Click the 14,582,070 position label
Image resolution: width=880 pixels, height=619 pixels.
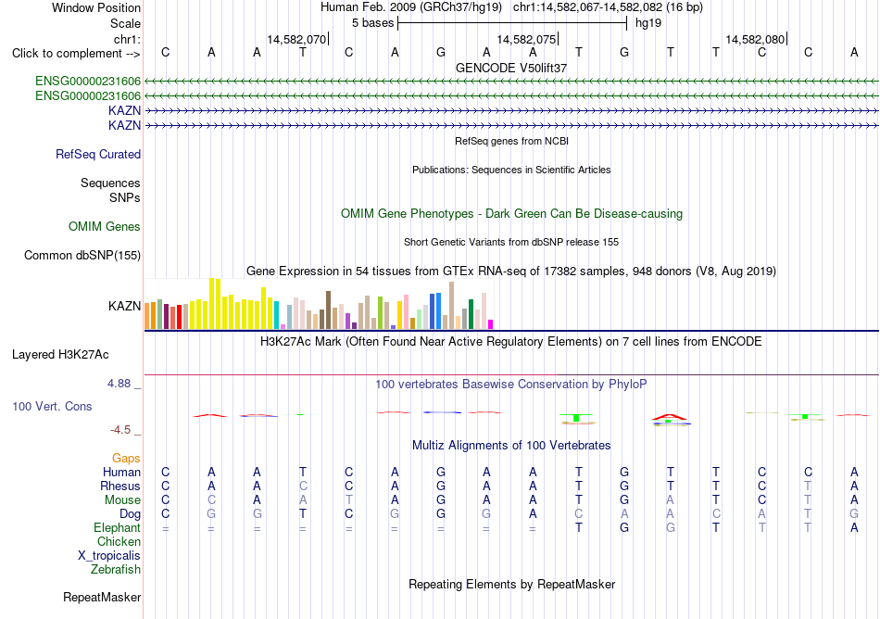[x=296, y=39]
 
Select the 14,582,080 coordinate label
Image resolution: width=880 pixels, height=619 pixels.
[x=755, y=39]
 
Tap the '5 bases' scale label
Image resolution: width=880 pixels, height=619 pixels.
[x=372, y=23]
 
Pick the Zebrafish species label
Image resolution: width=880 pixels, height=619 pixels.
[x=116, y=569]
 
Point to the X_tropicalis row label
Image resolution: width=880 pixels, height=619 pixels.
[x=109, y=556]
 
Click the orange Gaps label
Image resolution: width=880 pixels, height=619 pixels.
[x=126, y=459]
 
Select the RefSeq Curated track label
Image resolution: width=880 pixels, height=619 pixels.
[x=98, y=155]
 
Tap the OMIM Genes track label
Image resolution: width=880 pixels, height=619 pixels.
[x=105, y=227]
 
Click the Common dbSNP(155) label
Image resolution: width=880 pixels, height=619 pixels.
[x=82, y=256]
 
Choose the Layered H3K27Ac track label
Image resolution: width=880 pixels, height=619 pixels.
[x=60, y=355]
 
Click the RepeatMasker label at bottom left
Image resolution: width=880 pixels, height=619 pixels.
[x=102, y=597]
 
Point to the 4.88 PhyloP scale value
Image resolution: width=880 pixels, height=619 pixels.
[x=119, y=384]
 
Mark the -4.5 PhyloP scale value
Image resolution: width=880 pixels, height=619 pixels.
[x=120, y=430]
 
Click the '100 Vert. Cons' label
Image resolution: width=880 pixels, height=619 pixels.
[x=52, y=406]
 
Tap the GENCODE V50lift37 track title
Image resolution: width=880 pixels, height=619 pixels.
[x=511, y=68]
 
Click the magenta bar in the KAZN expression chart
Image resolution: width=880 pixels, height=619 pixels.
[x=491, y=324]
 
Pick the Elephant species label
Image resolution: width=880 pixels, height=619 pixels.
[x=117, y=527]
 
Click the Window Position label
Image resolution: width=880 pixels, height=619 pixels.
[x=96, y=7]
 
